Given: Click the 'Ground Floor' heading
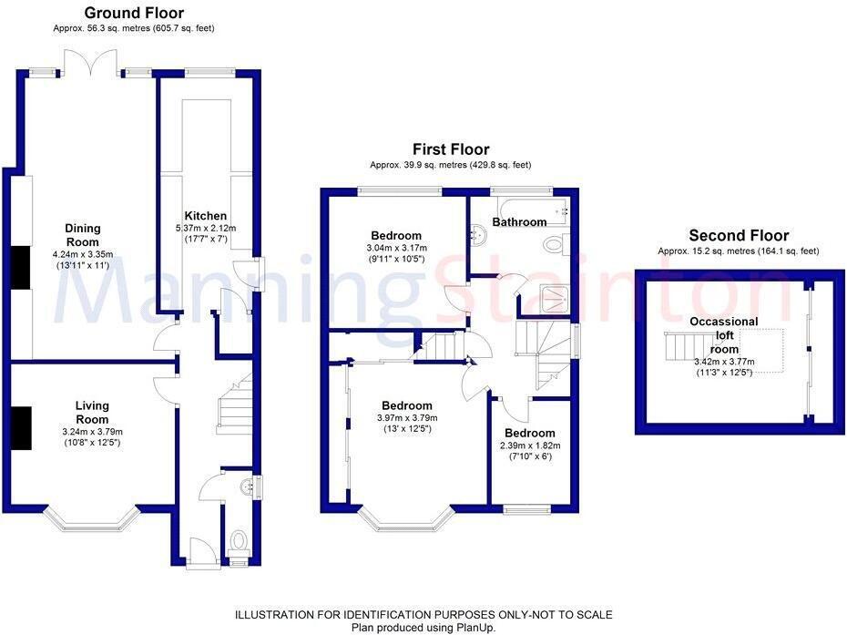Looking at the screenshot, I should (x=134, y=13).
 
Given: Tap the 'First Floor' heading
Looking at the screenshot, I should (x=450, y=149).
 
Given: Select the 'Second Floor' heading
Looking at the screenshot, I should (x=739, y=235).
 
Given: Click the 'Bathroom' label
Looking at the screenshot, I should (x=519, y=221).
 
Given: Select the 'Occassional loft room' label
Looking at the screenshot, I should (x=724, y=335).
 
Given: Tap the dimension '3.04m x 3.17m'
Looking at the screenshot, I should (x=396, y=248).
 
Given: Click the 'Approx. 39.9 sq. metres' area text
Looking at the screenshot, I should (x=450, y=165).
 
